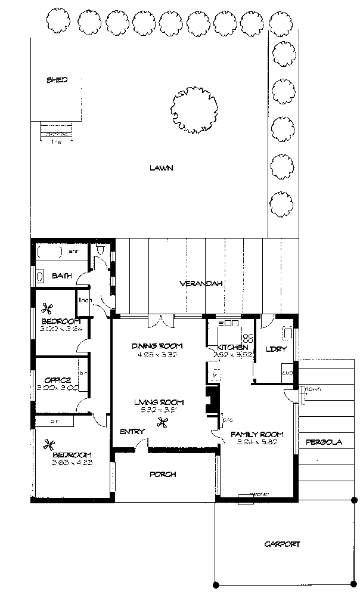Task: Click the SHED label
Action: pyautogui.click(x=57, y=80)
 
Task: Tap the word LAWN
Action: pyautogui.click(x=161, y=168)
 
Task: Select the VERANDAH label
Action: pyautogui.click(x=201, y=284)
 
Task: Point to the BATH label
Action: pyautogui.click(x=61, y=275)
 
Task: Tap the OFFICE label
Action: pyautogui.click(x=58, y=380)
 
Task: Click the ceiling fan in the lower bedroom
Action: pyautogui.click(x=49, y=444)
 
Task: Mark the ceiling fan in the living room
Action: pyautogui.click(x=161, y=423)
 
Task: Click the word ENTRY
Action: pyautogui.click(x=132, y=431)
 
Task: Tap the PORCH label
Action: pyautogui.click(x=162, y=475)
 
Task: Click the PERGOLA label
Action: pyautogui.click(x=324, y=442)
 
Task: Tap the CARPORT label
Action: pyautogui.click(x=283, y=544)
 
